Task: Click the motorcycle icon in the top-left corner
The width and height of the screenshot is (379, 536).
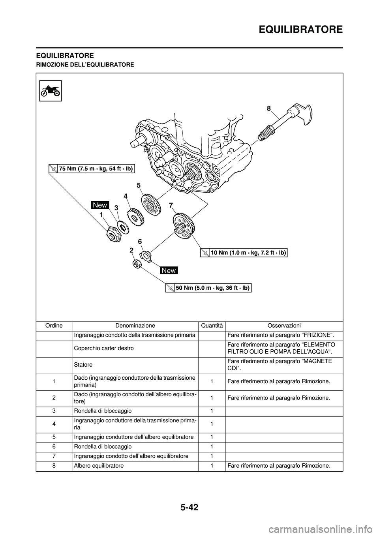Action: (51, 90)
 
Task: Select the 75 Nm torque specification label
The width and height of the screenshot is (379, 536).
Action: (92, 169)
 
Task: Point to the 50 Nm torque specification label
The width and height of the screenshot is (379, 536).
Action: (208, 288)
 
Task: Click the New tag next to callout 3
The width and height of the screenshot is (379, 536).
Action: (100, 204)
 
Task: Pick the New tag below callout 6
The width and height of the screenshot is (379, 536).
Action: (169, 270)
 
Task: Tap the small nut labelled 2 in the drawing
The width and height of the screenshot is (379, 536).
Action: (137, 264)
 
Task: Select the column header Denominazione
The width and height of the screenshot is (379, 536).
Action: (135, 326)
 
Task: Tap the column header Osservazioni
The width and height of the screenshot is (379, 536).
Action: (284, 326)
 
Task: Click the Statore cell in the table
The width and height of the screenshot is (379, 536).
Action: (82, 365)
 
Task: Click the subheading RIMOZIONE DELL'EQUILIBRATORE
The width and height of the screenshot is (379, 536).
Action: (85, 64)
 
